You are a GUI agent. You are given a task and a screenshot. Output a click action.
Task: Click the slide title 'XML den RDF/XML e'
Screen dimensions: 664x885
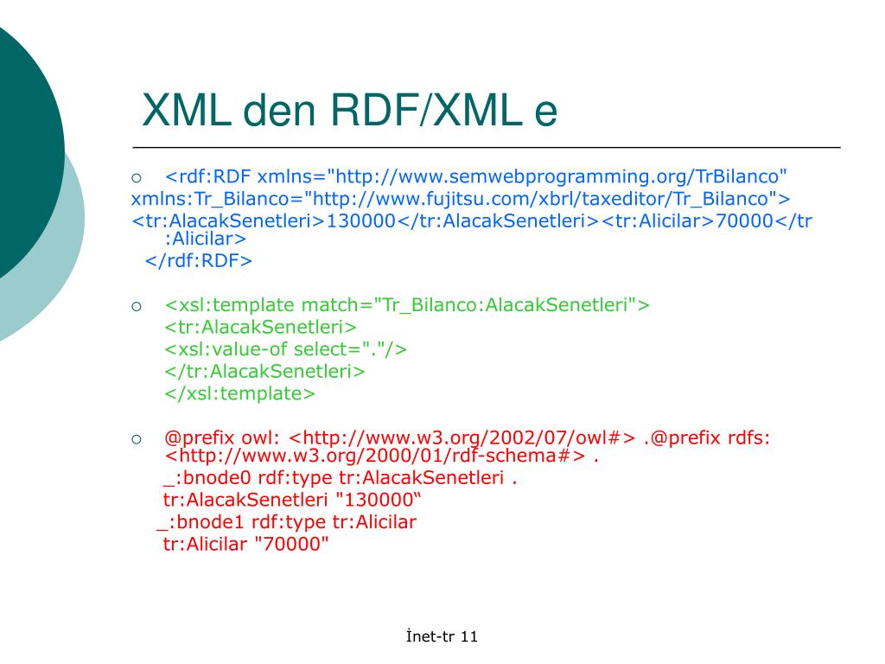(350, 112)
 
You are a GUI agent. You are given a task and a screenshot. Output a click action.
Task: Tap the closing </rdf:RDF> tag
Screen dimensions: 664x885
(198, 260)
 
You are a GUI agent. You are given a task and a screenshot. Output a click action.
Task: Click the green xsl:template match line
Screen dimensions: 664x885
(406, 305)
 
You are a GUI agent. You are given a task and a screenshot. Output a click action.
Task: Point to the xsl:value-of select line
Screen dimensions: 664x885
(285, 349)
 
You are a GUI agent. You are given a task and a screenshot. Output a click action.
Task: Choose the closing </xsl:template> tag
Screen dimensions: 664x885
(240, 393)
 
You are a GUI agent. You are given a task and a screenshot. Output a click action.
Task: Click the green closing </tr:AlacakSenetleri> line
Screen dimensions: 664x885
(264, 372)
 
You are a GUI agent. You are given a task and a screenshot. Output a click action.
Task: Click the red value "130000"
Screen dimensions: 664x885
(377, 501)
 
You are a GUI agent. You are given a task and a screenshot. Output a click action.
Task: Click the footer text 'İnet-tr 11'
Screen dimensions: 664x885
(442, 637)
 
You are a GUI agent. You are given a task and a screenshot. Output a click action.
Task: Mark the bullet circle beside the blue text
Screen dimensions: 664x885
(137, 178)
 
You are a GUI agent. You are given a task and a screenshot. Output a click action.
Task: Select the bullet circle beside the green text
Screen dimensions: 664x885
(137, 306)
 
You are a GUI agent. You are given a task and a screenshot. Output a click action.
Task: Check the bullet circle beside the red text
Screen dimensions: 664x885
(137, 438)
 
